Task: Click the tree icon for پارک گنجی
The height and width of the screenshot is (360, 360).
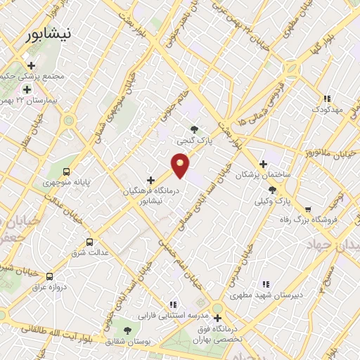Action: [x=195, y=129]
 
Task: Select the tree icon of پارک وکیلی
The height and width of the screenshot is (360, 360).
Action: [x=272, y=190]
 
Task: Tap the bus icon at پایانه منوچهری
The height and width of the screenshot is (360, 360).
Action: [x=67, y=171]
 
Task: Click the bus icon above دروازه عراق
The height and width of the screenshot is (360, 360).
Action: [x=49, y=276]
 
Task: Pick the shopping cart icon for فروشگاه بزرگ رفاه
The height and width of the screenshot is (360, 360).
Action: [x=308, y=209]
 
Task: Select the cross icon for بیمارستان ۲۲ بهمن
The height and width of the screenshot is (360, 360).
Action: [x=27, y=89]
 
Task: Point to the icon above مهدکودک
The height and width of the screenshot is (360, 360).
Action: [x=326, y=99]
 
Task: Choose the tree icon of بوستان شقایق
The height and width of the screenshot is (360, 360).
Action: [x=127, y=330]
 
